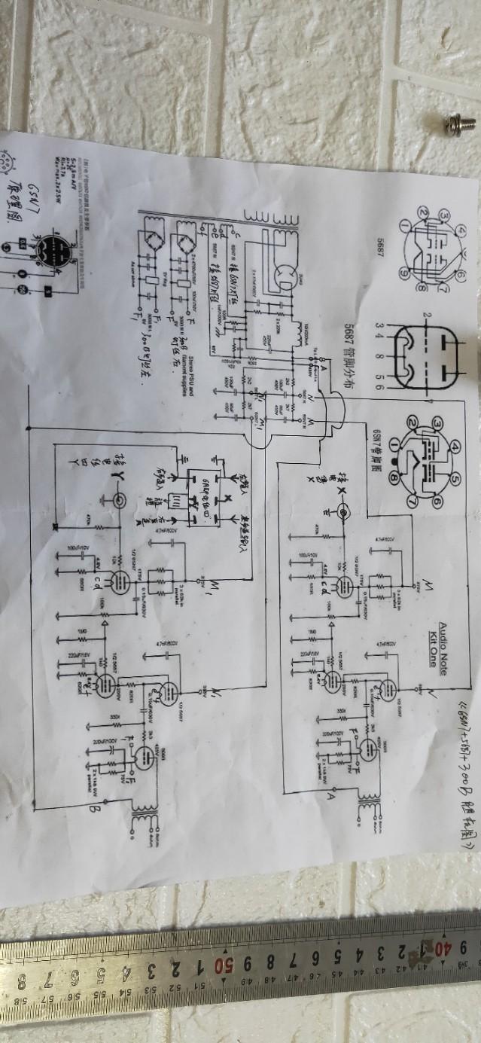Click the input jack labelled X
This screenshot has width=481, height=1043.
tap(344, 513)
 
